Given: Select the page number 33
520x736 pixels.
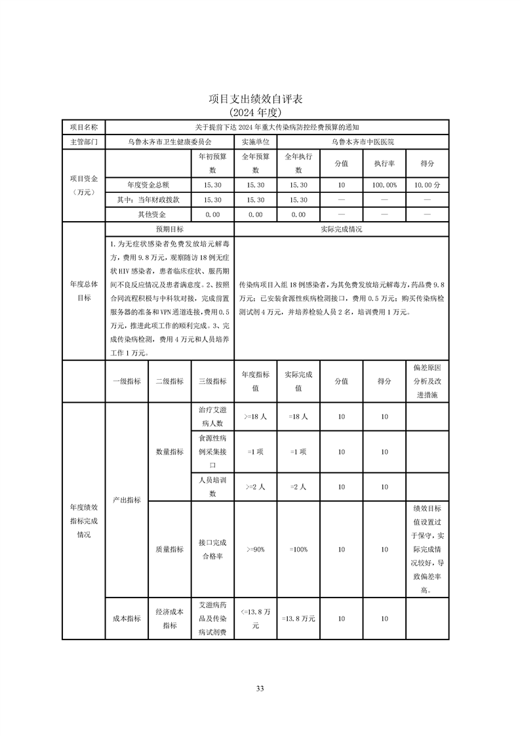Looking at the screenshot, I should [260, 688].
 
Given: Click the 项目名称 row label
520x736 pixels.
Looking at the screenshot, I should [83, 127].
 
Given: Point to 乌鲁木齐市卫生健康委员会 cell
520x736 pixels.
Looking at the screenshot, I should [169, 141].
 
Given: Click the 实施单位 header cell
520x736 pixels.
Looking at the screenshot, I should [255, 141].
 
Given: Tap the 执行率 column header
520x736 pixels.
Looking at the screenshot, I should [384, 163].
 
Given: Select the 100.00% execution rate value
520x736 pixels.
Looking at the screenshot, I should [384, 186].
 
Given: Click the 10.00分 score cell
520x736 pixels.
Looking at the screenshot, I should [427, 186].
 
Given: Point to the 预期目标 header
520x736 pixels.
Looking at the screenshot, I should [169, 230].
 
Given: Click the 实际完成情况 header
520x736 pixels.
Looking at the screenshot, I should [341, 230].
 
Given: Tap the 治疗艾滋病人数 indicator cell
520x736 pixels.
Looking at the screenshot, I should [212, 416].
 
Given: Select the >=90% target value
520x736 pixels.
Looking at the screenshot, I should [255, 550].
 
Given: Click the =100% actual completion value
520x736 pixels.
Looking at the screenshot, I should [298, 550].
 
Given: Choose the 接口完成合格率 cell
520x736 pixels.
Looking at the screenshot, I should [212, 550].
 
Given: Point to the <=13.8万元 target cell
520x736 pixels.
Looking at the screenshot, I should [255, 619].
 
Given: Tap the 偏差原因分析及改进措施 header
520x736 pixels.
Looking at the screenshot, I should [427, 381].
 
